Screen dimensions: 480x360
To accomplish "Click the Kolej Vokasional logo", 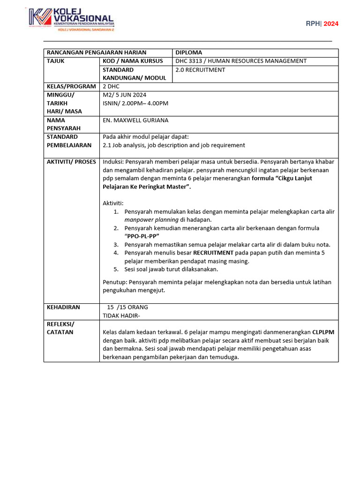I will pyautogui.click(x=71, y=20).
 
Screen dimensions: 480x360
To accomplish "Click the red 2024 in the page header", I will pyautogui.click(x=331, y=24).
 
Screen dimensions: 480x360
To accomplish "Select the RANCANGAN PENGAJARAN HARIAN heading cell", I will pyautogui.click(x=96, y=52).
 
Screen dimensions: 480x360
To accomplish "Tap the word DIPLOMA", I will pyautogui.click(x=188, y=52).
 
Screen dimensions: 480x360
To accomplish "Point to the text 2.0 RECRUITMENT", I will pyautogui.click(x=200, y=70).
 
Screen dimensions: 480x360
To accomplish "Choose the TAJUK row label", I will pyautogui.click(x=55, y=61).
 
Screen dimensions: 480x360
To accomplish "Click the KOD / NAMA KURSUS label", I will pyautogui.click(x=133, y=61).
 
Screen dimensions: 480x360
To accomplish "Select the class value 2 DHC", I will pyautogui.click(x=111, y=86).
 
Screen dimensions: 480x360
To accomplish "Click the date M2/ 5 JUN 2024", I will pyautogui.click(x=125, y=95).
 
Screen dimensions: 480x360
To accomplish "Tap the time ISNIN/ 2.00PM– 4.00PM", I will pyautogui.click(x=135, y=103).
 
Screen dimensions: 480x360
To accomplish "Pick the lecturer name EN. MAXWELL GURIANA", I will pyautogui.click(x=135, y=120).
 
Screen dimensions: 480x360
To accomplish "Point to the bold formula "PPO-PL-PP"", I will pyautogui.click(x=142, y=236).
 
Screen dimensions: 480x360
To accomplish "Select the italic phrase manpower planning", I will pyautogui.click(x=151, y=219).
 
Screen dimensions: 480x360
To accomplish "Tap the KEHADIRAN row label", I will pyautogui.click(x=63, y=307).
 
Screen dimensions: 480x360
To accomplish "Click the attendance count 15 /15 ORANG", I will pyautogui.click(x=127, y=307).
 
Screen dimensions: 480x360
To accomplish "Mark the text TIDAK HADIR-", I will pyautogui.click(x=121, y=315).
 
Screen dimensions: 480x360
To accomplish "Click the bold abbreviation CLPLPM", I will pyautogui.click(x=323, y=332).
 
